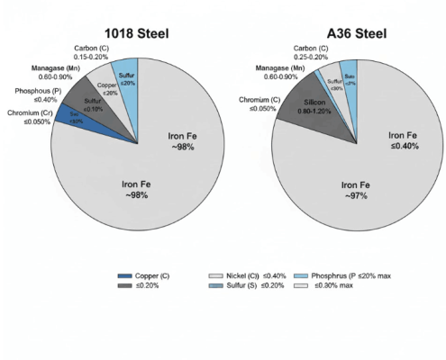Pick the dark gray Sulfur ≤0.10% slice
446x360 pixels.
(91, 103)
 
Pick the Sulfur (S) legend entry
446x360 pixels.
(246, 287)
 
